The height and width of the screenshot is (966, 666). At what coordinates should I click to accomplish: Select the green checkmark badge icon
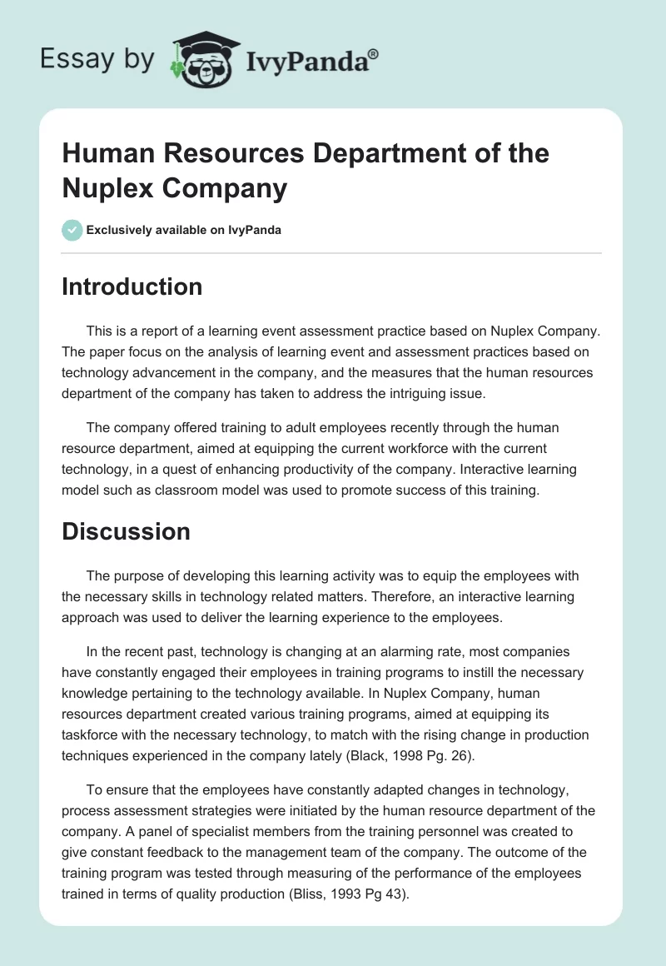point(72,230)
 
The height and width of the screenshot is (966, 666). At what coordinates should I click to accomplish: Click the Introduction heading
point(132,286)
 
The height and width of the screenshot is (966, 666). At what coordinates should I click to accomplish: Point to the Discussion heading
point(127,531)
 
